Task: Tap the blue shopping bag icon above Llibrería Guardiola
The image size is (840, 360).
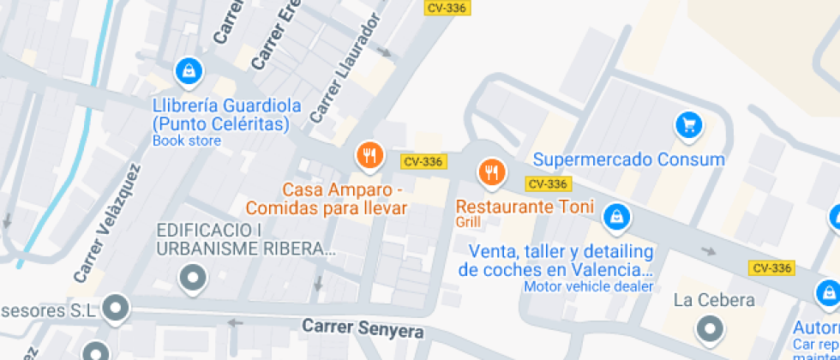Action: click(x=188, y=70)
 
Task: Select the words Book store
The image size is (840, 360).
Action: click(x=186, y=141)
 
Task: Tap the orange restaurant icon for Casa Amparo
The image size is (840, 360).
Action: click(x=369, y=155)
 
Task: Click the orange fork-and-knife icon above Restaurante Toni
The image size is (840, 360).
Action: click(x=490, y=172)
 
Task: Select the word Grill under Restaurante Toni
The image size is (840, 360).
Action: click(x=468, y=222)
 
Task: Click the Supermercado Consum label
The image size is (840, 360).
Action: click(x=628, y=159)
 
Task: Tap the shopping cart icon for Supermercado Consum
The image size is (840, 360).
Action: click(x=687, y=125)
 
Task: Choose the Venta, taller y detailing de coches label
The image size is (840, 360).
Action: click(x=556, y=261)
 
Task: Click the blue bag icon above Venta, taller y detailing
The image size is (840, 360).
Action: click(x=615, y=218)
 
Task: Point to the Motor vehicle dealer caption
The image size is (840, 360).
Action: click(x=589, y=286)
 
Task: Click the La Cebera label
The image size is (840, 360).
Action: click(x=714, y=300)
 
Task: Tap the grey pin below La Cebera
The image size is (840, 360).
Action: click(x=710, y=328)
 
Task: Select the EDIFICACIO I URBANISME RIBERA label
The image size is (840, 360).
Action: click(x=245, y=240)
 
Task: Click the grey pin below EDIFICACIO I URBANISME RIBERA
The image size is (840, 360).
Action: click(x=192, y=278)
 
